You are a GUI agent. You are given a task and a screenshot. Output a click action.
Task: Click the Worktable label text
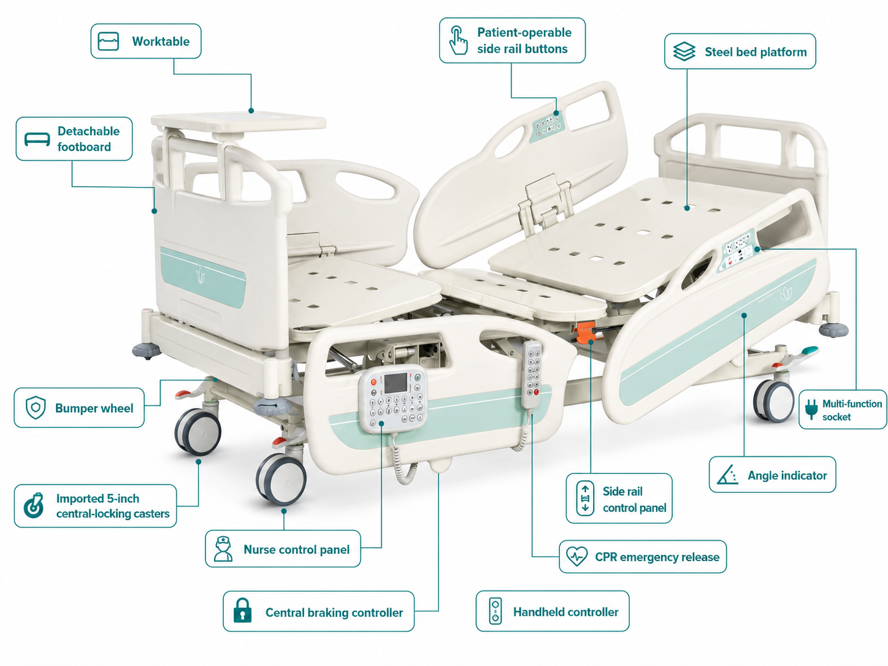[161, 41]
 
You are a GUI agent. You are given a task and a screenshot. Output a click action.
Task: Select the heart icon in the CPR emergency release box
[576, 556]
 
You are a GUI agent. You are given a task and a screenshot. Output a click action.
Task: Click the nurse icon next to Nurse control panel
[223, 548]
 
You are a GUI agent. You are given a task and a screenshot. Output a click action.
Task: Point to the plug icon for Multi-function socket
[811, 409]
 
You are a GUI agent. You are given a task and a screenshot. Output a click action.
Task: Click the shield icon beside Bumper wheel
[36, 407]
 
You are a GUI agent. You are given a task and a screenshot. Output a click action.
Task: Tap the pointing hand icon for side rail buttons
[458, 40]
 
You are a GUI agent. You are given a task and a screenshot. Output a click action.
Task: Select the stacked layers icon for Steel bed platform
[684, 52]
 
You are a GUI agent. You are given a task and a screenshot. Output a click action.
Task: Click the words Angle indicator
[787, 475]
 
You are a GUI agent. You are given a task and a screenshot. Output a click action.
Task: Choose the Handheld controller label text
[565, 612]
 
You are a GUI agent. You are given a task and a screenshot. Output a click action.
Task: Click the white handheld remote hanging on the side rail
[532, 375]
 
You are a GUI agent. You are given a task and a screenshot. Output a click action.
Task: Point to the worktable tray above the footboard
[239, 121]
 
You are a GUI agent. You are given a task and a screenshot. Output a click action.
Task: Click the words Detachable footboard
[88, 139]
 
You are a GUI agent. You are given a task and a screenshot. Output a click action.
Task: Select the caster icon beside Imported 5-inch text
[34, 505]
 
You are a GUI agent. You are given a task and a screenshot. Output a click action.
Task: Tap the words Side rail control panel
[634, 499]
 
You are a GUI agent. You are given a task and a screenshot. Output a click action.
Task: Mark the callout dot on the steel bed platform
[687, 209]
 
